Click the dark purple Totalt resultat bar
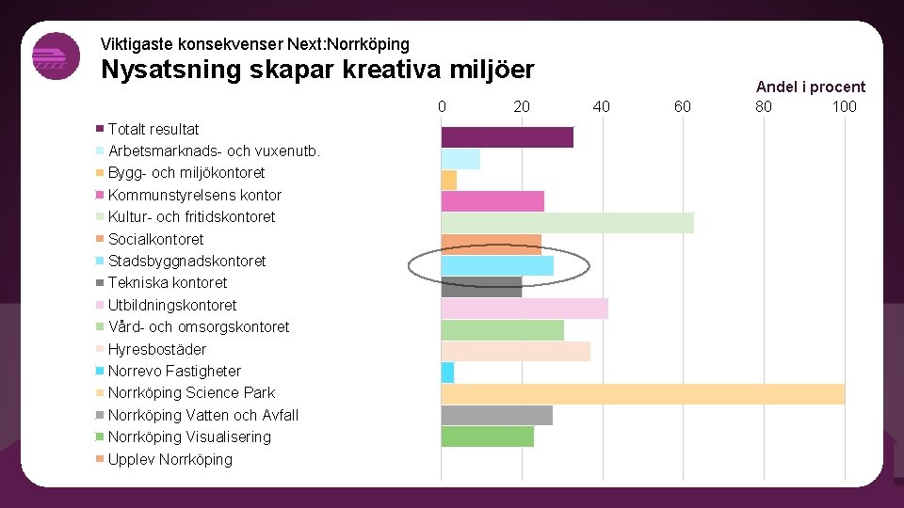[x=507, y=136]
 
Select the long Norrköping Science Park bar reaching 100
[x=643, y=393]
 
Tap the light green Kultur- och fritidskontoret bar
[x=567, y=222]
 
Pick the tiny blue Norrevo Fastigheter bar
[x=447, y=373]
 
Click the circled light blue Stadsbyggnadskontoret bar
[x=497, y=265]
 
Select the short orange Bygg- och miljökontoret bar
[x=449, y=180]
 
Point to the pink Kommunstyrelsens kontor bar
[x=492, y=201]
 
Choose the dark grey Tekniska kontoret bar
[x=481, y=287]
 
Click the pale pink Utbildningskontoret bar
[x=525, y=309]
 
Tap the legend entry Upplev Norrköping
[x=169, y=459]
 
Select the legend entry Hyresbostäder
[x=156, y=349]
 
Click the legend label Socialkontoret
[x=155, y=239]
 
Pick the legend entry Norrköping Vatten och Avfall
[x=202, y=415]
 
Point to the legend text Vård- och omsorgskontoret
[x=198, y=326]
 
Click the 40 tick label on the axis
[x=602, y=106]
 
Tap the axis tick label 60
[x=682, y=106]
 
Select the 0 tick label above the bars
[x=442, y=106]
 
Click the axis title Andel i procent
[x=810, y=87]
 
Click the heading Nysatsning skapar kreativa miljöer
[x=317, y=71]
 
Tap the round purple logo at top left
[x=56, y=56]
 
